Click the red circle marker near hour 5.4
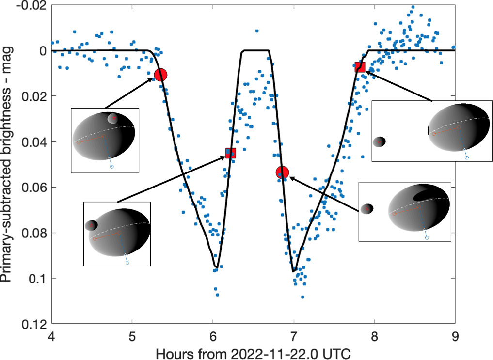[160, 75]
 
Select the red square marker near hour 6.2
[230, 153]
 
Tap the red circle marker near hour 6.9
[282, 172]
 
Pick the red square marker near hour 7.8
[360, 67]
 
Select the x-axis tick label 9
[455, 335]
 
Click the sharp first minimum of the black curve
[216, 266]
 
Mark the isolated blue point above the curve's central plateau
[256, 31]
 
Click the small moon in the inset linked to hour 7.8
[380, 141]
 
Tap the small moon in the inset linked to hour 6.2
[91, 225]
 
